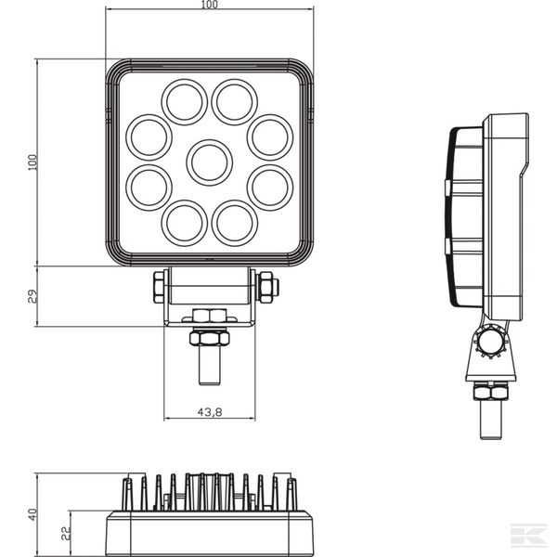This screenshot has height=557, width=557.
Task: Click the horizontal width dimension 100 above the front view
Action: tap(209, 6)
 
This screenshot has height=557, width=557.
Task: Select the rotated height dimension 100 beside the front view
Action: tap(32, 162)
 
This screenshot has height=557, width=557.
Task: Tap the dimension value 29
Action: tap(32, 296)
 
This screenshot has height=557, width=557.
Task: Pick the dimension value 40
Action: tap(32, 513)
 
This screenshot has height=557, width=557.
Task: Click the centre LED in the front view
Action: tap(209, 162)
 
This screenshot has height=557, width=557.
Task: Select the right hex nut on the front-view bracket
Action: tap(266, 287)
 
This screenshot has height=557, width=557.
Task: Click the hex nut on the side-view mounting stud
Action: tap(492, 394)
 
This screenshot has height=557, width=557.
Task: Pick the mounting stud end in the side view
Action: tap(492, 422)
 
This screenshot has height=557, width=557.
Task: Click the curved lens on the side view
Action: tap(455, 218)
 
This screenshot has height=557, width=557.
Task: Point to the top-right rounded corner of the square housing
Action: tap(303, 71)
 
